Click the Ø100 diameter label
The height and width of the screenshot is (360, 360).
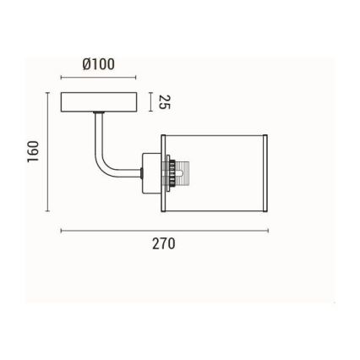99,64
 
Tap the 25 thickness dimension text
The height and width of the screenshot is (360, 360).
165,102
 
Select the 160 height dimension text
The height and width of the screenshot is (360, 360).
34,151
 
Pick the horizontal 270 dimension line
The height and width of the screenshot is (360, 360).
164,229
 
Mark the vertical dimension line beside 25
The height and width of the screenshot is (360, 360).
150,102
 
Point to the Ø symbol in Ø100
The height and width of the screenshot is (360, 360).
87,64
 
